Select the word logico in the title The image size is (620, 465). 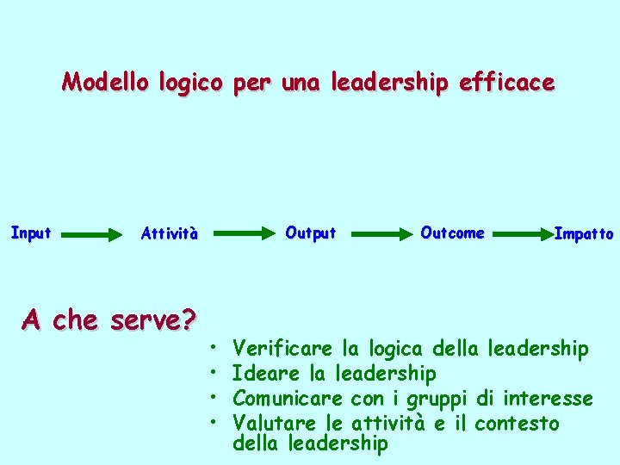point(187,84)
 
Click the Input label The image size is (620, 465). point(31,232)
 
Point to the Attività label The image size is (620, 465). point(169,233)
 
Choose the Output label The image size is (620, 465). point(310,232)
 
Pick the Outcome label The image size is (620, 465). point(452,232)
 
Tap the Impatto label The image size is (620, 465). point(584,233)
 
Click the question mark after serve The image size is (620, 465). point(188,320)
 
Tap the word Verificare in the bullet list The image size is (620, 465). point(282,349)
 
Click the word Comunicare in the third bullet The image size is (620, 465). point(288,399)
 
